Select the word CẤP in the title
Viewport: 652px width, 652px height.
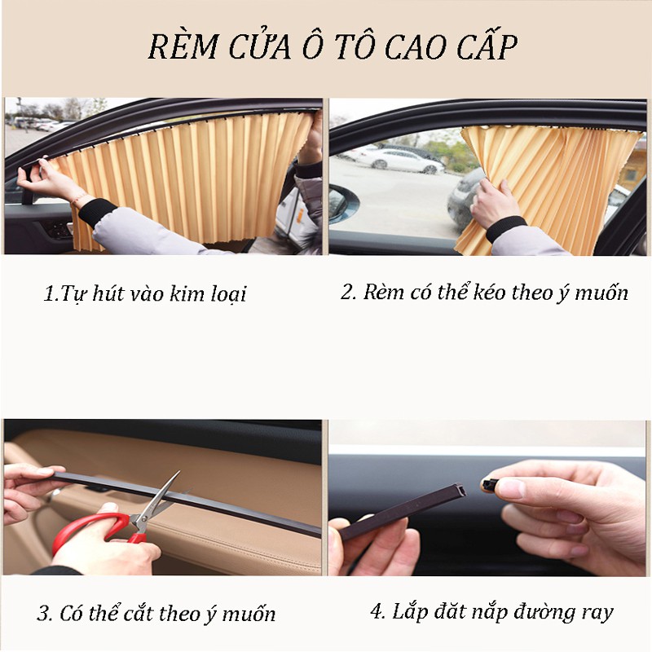pos(487,45)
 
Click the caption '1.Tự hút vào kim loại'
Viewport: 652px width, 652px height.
pos(145,293)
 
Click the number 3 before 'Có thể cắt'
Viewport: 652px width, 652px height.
pos(43,614)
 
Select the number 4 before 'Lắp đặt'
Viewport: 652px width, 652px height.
pos(377,611)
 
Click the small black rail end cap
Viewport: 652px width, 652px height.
pos(491,484)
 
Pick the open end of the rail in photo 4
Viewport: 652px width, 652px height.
pos(460,491)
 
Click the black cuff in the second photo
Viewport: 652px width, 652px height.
pos(505,228)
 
